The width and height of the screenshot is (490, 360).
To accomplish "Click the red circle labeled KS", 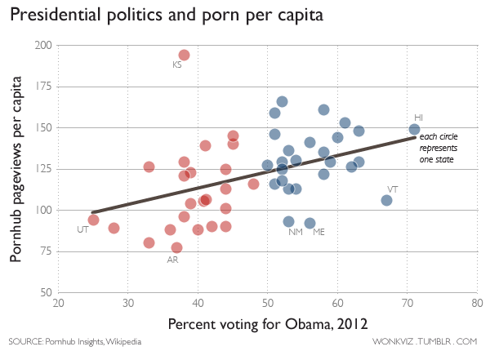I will [184, 55].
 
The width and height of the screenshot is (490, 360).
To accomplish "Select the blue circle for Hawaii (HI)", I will [414, 129].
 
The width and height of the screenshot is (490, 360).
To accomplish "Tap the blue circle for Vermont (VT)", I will [386, 200].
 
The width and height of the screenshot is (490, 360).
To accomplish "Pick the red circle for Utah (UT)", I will [93, 220].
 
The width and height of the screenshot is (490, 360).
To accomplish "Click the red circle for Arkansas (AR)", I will [176, 247].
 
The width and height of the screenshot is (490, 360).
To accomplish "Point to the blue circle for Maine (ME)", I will [310, 223].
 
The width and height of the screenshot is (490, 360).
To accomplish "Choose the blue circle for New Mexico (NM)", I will [288, 221].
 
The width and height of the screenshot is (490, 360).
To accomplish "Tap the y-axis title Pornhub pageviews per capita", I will [16, 170].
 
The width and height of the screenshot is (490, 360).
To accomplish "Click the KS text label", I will [177, 64].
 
